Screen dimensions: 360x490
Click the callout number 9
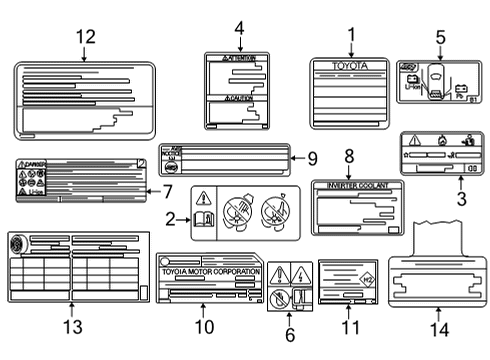click(312, 157)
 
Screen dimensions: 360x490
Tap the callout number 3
click(460, 200)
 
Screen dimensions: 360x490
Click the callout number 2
click(169, 217)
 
